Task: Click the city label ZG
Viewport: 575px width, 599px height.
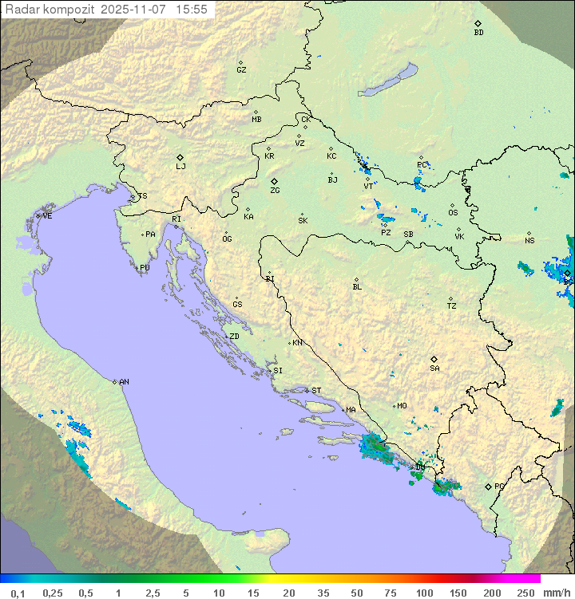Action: click(x=275, y=191)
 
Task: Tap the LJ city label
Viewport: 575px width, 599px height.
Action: click(x=180, y=167)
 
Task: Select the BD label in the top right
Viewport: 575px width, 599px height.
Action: click(x=478, y=33)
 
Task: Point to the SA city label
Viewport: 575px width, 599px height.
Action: click(x=434, y=368)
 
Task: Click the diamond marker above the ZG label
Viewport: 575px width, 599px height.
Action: click(x=274, y=181)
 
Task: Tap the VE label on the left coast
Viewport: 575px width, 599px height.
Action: click(x=47, y=216)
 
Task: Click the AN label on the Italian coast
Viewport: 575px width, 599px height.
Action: click(x=124, y=382)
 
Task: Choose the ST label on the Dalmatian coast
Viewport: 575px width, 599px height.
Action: click(x=316, y=391)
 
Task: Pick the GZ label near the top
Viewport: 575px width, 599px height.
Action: click(x=241, y=70)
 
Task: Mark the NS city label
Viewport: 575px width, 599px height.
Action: click(x=529, y=241)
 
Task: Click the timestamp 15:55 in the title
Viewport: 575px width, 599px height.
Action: click(x=192, y=9)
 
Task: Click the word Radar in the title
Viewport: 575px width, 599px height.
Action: click(x=21, y=9)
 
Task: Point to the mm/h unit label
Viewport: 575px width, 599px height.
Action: click(x=555, y=593)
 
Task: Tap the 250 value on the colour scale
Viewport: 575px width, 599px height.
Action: click(x=525, y=593)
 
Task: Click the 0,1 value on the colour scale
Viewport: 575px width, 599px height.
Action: click(x=18, y=593)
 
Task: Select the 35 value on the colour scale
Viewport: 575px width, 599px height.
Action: click(x=323, y=593)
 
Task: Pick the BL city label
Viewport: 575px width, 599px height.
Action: click(x=357, y=287)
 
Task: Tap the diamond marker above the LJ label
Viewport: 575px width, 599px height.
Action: click(x=180, y=157)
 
